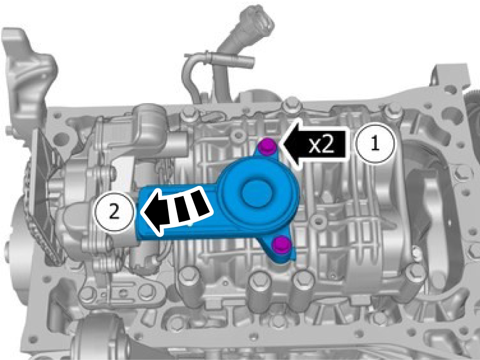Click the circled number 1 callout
point(375,144)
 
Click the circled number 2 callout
point(114,212)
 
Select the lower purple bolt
point(281,244)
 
